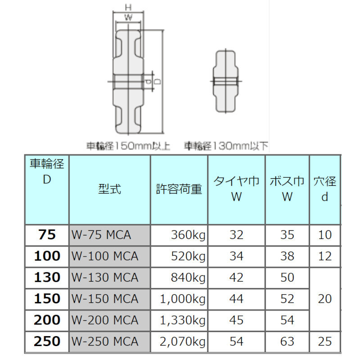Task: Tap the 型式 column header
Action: point(109,189)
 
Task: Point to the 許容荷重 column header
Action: point(179,189)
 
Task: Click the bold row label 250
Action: point(47,342)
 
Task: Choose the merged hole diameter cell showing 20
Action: point(324,299)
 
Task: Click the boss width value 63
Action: point(287,342)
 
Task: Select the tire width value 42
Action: point(236,277)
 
